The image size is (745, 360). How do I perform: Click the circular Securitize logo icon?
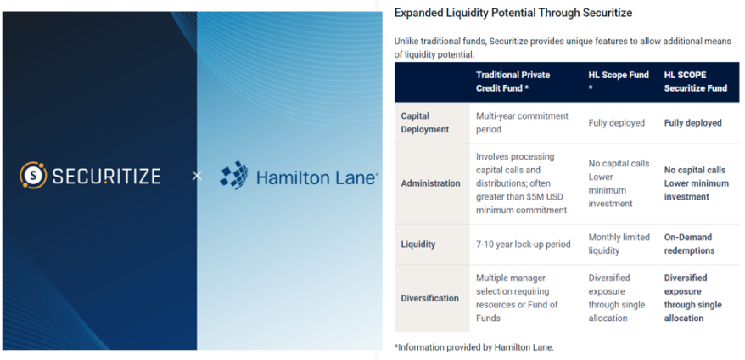[33, 176]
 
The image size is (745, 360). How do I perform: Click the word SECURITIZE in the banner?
[106, 177]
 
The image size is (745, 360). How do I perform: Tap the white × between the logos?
[197, 176]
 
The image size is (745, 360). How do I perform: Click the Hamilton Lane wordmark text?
[316, 177]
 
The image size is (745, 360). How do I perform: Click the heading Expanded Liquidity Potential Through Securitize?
[513, 13]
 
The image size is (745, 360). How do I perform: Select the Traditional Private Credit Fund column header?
[513, 82]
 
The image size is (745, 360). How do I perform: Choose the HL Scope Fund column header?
[619, 82]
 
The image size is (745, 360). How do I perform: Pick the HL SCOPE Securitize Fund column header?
[696, 82]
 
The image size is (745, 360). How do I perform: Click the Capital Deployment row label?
[425, 123]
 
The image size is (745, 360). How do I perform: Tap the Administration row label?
[430, 183]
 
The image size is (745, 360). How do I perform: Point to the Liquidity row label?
[418, 244]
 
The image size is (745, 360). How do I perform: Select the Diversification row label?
[429, 298]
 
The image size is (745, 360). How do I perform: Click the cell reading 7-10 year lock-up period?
[524, 244]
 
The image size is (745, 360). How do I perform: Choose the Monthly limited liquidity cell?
[619, 244]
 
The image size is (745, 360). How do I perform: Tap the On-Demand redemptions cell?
[689, 244]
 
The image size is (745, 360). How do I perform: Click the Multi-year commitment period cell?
[522, 123]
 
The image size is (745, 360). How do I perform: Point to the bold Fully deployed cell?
[692, 123]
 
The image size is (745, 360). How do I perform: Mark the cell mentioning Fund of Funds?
[517, 298]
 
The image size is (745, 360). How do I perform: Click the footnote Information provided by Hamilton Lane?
[474, 347]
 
